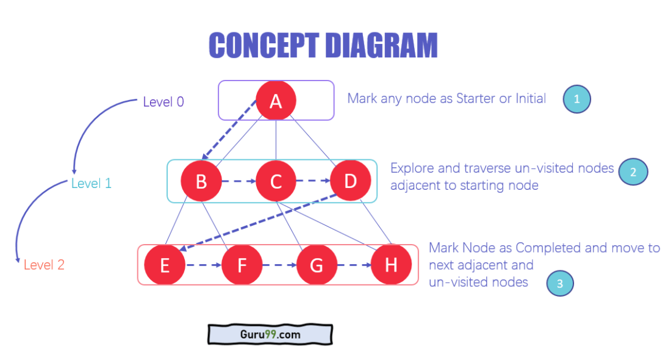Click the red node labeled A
[276, 100]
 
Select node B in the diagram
[201, 181]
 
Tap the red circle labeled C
[276, 181]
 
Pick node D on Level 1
[350, 181]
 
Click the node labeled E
[165, 265]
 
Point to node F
[242, 265]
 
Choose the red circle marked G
[317, 265]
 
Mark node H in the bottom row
[391, 265]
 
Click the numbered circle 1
[576, 99]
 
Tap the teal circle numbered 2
[633, 172]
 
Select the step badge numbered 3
[560, 283]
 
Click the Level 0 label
[163, 102]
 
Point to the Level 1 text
[91, 183]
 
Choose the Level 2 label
[44, 265]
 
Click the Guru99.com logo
[270, 334]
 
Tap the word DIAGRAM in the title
[381, 45]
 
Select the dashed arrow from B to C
[239, 181]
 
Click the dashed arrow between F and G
[279, 265]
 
